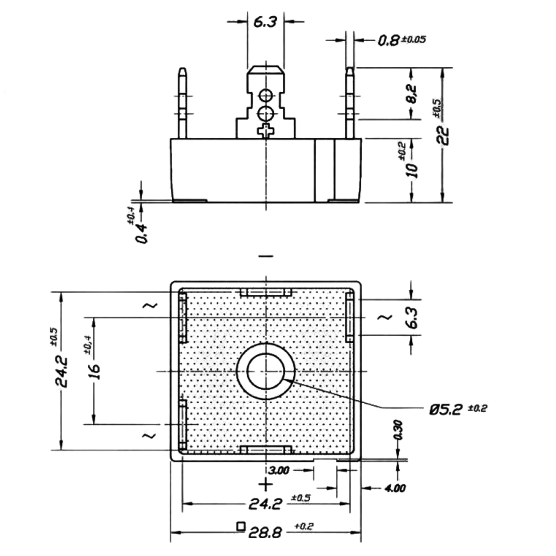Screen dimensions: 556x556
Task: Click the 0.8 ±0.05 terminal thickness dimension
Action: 402,40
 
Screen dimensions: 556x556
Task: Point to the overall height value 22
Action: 443,135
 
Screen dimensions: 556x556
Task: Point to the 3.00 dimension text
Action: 279,471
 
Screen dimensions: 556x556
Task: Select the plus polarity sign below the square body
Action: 265,485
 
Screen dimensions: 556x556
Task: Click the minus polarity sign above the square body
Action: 266,256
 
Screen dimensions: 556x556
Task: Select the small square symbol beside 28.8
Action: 240,527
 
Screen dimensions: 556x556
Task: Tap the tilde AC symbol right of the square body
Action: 385,317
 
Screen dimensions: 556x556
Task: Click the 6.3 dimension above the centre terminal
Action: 265,22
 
